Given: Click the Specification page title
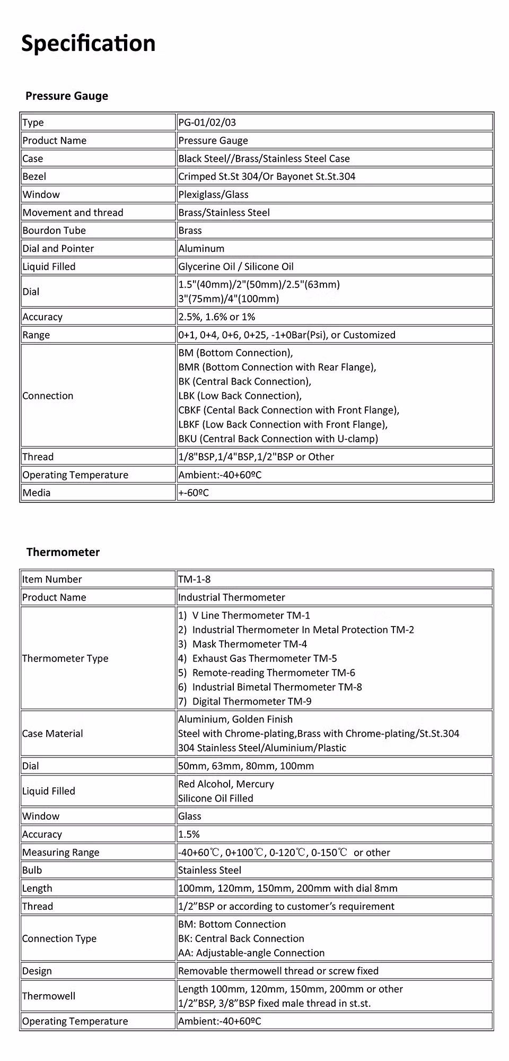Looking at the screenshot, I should (88, 44).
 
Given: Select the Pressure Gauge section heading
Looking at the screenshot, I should (67, 96).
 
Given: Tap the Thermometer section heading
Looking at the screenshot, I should (63, 552).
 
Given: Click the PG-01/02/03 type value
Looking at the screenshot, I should (207, 123).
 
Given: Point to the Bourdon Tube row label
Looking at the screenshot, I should (54, 231).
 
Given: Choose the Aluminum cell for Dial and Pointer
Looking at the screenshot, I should (201, 249).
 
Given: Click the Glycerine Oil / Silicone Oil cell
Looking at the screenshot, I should (236, 267).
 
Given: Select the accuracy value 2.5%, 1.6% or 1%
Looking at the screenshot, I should (217, 317).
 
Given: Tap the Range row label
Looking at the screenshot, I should (36, 335).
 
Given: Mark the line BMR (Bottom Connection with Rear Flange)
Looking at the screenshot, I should (277, 368).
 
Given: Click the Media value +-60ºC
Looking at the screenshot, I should (194, 493).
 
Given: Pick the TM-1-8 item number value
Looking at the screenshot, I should (195, 579).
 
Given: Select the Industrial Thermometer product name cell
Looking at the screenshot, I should (232, 597).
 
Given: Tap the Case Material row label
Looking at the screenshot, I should (52, 734).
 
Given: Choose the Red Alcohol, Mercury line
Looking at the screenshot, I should (226, 784).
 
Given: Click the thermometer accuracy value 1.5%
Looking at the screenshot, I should (189, 834).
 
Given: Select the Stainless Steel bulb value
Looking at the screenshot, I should (210, 871).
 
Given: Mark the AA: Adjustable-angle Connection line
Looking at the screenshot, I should (251, 953).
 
